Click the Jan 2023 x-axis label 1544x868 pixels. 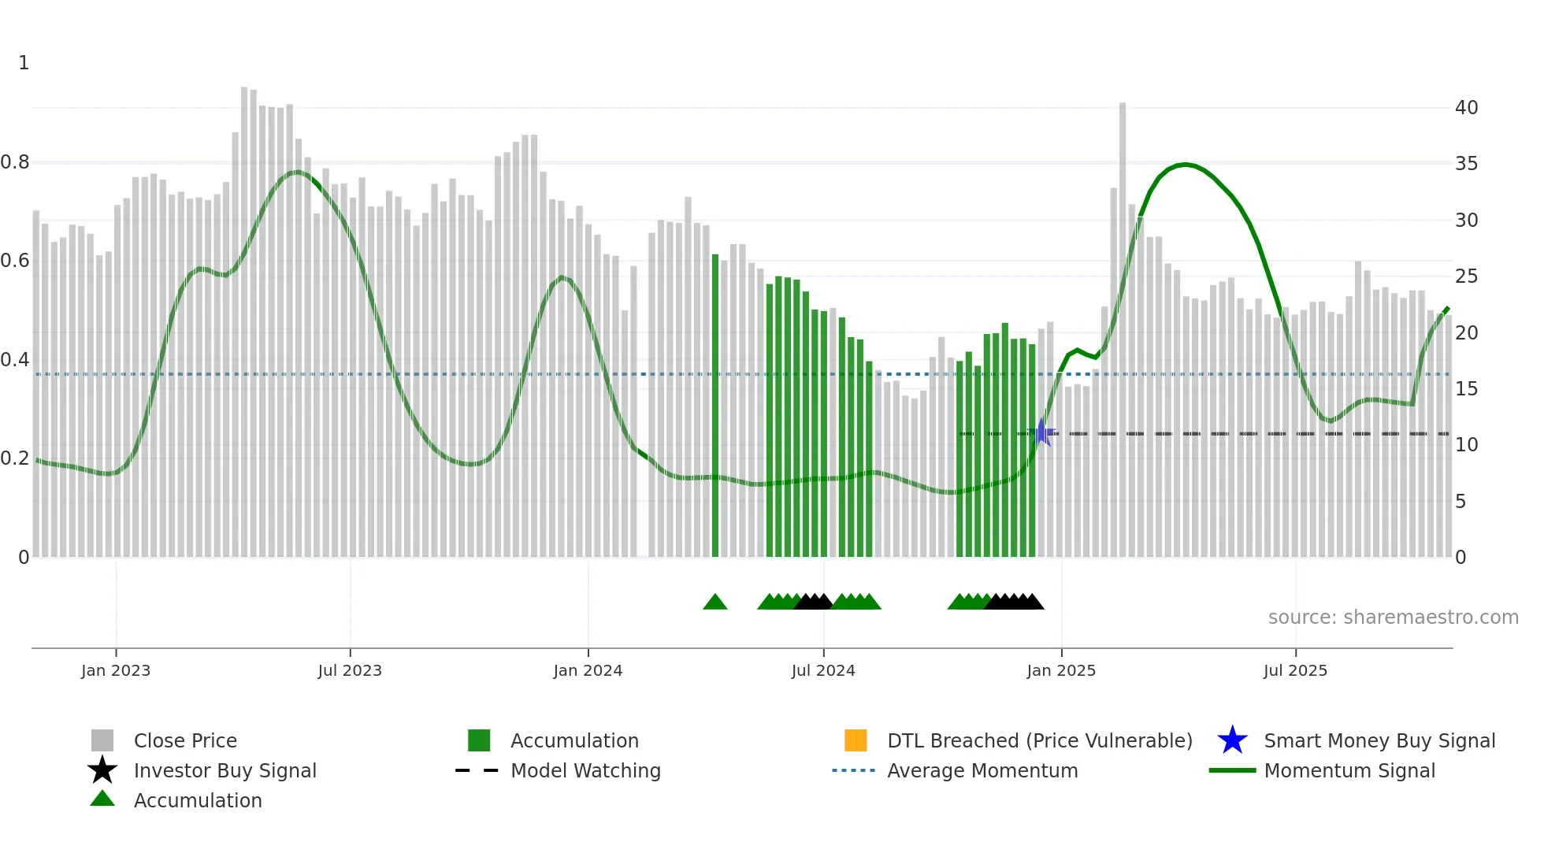[x=115, y=670]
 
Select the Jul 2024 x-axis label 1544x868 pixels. [x=822, y=670]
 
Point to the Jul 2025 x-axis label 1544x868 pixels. [x=1294, y=670]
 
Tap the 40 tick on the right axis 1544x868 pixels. [x=1466, y=108]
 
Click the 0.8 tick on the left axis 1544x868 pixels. [x=16, y=162]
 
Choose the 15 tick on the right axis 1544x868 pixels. [x=1466, y=389]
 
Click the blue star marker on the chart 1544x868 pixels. [x=1041, y=432]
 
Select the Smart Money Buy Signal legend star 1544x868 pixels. [x=1232, y=740]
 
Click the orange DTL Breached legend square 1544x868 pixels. [x=855, y=740]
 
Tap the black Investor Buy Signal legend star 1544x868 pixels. [x=102, y=770]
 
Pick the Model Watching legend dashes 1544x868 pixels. [x=477, y=770]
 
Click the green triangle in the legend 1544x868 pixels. [x=102, y=799]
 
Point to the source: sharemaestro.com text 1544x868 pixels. [x=1393, y=618]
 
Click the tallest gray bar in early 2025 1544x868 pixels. [x=1122, y=331]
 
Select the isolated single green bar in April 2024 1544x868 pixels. [x=715, y=406]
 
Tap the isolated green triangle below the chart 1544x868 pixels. [x=714, y=603]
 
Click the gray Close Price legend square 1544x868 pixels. [x=102, y=740]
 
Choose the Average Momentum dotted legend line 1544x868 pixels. [x=853, y=770]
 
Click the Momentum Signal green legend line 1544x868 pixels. [x=1232, y=770]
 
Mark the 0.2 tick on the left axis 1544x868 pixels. [x=16, y=458]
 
